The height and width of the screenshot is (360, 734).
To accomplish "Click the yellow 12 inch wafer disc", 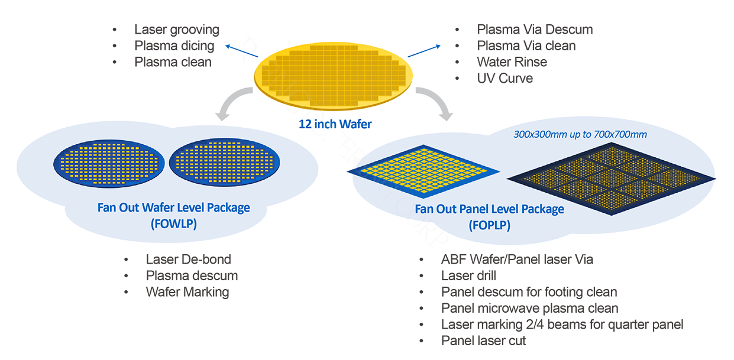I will (x=334, y=77).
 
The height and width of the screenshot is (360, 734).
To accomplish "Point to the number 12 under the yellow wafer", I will (x=303, y=125).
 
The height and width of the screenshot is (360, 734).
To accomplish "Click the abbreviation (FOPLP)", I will (x=489, y=225).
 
